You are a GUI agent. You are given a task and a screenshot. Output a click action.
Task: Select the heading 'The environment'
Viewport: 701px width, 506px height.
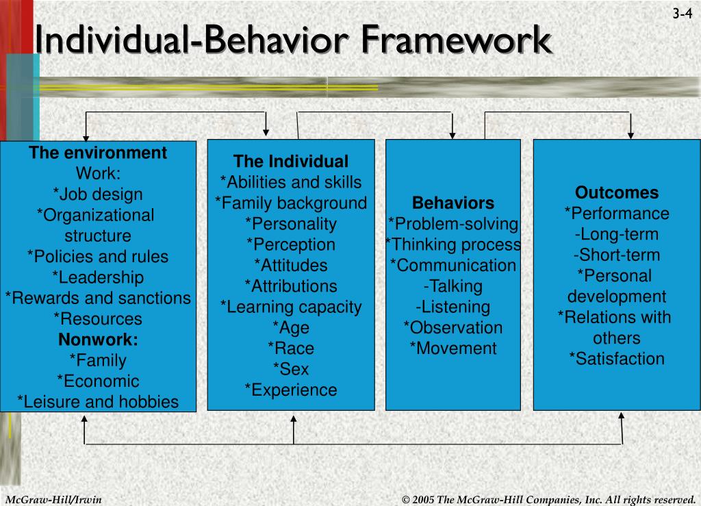(98, 153)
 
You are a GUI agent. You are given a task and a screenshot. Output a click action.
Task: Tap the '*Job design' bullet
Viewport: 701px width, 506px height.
(98, 194)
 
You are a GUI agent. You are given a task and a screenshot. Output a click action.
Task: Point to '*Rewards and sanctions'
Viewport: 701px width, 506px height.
(98, 299)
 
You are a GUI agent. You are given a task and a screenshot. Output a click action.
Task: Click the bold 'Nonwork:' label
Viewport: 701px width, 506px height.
(98, 340)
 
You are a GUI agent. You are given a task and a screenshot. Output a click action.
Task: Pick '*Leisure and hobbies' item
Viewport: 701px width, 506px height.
(98, 402)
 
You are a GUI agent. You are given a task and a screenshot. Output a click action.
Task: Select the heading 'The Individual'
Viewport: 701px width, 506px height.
(291, 162)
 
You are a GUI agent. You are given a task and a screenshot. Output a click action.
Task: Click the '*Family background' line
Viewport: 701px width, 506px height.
(291, 203)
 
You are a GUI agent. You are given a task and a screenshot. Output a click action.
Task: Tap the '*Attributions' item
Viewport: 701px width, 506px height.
(291, 286)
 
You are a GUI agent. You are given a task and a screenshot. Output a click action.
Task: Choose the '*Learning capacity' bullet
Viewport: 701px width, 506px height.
(291, 307)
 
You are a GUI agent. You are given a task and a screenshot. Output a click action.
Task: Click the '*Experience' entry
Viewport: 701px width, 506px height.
(291, 390)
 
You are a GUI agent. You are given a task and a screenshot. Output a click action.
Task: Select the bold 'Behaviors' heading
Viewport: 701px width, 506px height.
(453, 203)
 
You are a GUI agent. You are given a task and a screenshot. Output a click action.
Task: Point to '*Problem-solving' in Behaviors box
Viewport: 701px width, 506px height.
(453, 224)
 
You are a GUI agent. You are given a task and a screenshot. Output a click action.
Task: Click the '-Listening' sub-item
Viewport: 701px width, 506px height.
(453, 307)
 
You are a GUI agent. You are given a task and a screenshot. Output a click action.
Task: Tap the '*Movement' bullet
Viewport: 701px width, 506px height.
(453, 349)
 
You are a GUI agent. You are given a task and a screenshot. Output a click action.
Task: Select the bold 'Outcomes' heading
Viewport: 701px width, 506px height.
(617, 192)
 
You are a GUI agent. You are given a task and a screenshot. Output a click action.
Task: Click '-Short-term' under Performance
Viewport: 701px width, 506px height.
(617, 255)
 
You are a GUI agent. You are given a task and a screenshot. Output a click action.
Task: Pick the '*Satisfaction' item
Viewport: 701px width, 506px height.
(617, 359)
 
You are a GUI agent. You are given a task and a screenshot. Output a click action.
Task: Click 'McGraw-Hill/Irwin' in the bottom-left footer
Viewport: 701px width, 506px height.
(53, 498)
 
